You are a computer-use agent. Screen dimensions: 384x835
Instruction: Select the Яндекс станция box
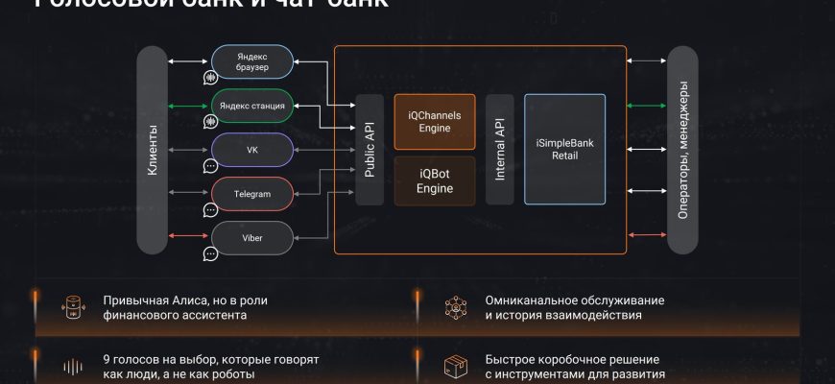252,106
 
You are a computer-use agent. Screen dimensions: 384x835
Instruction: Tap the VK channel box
252,151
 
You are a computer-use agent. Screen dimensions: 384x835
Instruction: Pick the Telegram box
252,194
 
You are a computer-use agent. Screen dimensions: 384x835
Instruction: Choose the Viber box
252,236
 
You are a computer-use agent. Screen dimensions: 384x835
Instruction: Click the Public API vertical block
370,150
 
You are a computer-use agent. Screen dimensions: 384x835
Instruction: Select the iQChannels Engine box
435,121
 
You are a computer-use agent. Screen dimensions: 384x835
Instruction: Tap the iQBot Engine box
435,181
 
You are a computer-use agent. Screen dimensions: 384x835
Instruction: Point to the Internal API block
499,150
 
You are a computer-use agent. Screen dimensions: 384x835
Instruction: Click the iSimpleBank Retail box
564,150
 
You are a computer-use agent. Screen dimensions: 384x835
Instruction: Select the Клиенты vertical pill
153,150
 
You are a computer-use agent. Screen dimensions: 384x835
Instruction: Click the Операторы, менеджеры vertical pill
681,150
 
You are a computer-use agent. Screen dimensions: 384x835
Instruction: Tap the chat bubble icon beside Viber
210,254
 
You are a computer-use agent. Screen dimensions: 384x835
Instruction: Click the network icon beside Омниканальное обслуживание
455,307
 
